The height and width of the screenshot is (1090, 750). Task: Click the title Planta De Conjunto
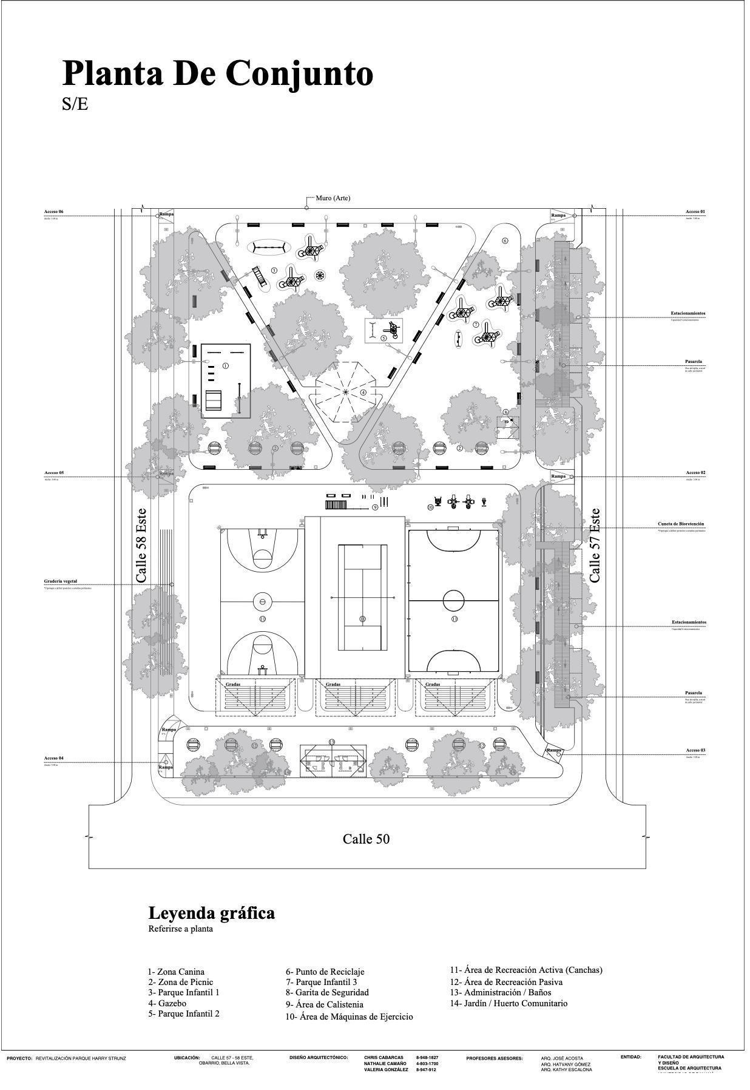[x=217, y=74]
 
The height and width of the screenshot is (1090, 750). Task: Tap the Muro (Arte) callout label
[x=333, y=198]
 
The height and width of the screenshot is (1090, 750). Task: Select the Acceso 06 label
[x=53, y=212]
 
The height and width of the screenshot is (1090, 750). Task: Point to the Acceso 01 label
[x=695, y=212]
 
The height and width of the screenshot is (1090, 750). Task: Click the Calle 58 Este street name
[x=141, y=546]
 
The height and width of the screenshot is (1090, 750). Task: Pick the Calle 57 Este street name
[x=595, y=546]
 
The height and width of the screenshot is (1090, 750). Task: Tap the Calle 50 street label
[x=366, y=839]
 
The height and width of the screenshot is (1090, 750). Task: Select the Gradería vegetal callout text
[x=61, y=581]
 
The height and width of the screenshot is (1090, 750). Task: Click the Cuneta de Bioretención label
[x=681, y=524]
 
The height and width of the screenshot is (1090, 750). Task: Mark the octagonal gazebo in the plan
[x=345, y=392]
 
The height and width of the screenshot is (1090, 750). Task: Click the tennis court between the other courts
[x=362, y=597]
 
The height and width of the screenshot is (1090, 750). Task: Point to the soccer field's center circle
[x=453, y=601]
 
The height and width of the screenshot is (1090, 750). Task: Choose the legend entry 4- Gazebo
[x=167, y=1004]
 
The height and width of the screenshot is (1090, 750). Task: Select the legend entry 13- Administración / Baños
[x=501, y=993]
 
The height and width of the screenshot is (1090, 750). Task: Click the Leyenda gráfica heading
[x=211, y=913]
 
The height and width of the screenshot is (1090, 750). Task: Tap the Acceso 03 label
[x=695, y=751]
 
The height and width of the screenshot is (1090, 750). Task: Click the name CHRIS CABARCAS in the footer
[x=383, y=1057]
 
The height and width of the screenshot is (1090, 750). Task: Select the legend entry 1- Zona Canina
[x=176, y=972]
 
